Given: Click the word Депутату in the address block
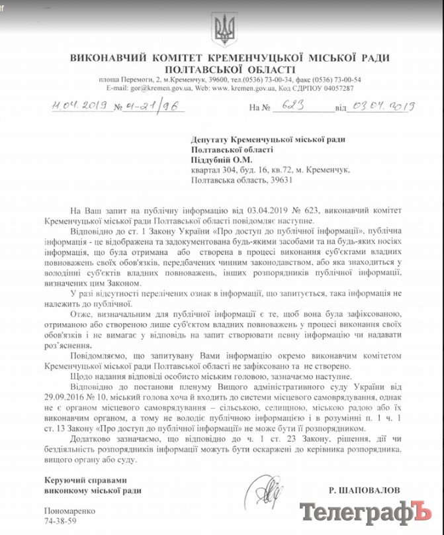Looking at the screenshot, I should tap(212, 139).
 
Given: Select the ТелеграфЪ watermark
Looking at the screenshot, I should tap(365, 512).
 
